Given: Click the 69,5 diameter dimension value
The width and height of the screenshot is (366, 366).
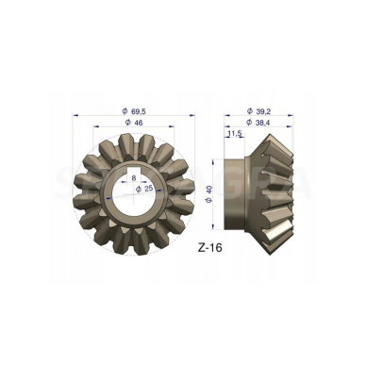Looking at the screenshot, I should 138,111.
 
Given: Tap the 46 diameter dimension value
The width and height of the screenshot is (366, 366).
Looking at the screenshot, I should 138,124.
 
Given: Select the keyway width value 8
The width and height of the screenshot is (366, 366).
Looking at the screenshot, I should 135,176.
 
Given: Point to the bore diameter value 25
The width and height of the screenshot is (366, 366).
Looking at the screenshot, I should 148,189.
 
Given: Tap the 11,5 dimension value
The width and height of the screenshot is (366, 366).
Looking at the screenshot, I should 234,135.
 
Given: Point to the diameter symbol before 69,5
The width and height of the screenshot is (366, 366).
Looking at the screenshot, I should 125,111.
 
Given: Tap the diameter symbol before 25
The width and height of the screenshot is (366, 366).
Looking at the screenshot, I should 138,189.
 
